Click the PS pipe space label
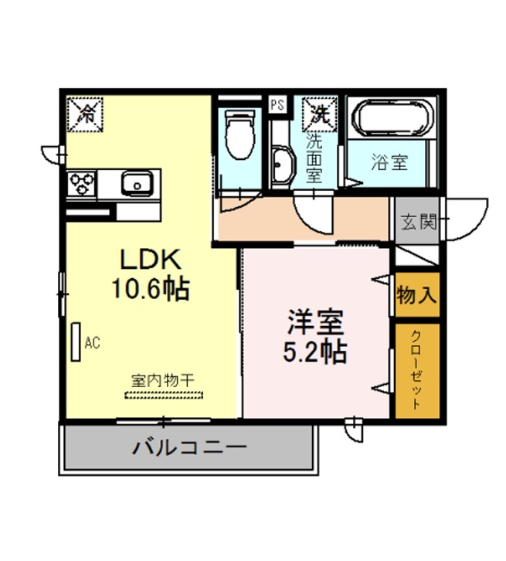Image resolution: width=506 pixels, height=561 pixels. (x=277, y=104)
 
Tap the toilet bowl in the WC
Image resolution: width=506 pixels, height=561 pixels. (x=240, y=135)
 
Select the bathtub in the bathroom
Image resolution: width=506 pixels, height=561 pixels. (x=392, y=117)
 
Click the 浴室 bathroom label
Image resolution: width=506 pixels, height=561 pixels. (x=389, y=161)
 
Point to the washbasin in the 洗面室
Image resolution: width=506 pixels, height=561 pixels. (x=283, y=166)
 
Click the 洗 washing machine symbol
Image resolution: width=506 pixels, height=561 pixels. (x=319, y=114)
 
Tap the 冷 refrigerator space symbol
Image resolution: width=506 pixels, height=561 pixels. (x=85, y=114)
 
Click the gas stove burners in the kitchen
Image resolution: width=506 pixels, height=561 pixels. (x=82, y=183)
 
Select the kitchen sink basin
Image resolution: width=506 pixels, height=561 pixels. (x=138, y=184)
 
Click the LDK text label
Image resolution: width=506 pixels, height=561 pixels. (x=151, y=260)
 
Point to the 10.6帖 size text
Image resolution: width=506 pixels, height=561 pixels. (x=150, y=288)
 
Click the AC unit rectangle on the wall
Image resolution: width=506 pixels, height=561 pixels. (x=76, y=342)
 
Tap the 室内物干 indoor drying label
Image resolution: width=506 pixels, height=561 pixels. (x=163, y=381)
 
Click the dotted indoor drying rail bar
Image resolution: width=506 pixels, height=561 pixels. (x=164, y=395)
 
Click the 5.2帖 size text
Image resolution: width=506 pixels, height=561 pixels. (x=314, y=352)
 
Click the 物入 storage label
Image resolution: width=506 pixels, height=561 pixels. (x=417, y=295)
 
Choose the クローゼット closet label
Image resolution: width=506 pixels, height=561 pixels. (x=416, y=370)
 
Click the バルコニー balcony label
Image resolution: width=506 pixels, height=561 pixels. (x=189, y=447)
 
